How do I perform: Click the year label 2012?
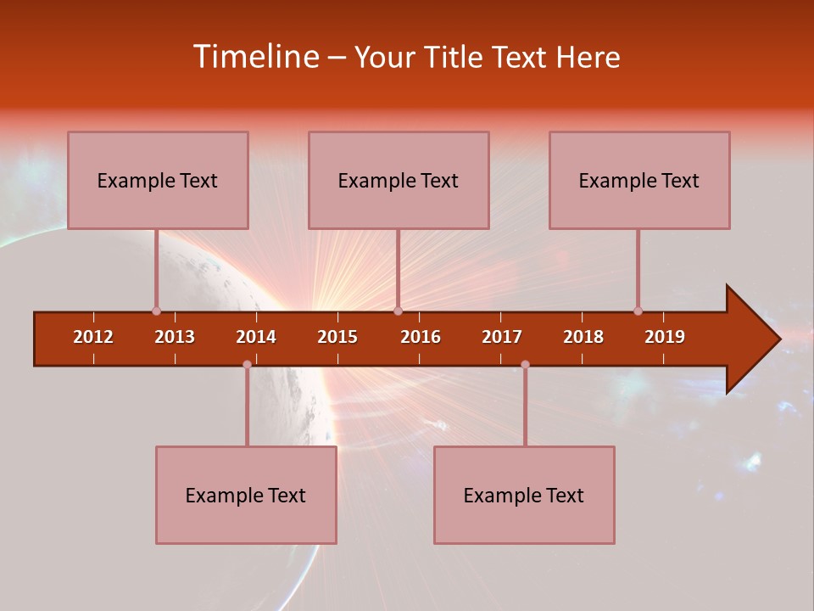(93, 337)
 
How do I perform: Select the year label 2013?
(175, 337)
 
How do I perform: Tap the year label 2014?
(256, 337)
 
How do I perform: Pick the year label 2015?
(337, 337)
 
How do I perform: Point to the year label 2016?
(421, 337)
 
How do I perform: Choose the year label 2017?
(502, 337)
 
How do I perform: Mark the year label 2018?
(583, 337)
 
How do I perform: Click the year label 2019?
(665, 337)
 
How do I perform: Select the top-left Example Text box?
(158, 180)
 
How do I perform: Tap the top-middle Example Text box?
(399, 180)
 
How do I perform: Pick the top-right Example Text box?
(639, 180)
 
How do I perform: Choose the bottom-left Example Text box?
(246, 495)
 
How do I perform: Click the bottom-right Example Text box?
(524, 495)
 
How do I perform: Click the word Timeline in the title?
(254, 57)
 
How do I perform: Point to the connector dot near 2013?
(156, 311)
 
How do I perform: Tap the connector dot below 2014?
(247, 364)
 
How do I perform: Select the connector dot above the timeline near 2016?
(398, 311)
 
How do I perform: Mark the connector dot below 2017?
(525, 364)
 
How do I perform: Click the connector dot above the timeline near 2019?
(638, 311)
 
